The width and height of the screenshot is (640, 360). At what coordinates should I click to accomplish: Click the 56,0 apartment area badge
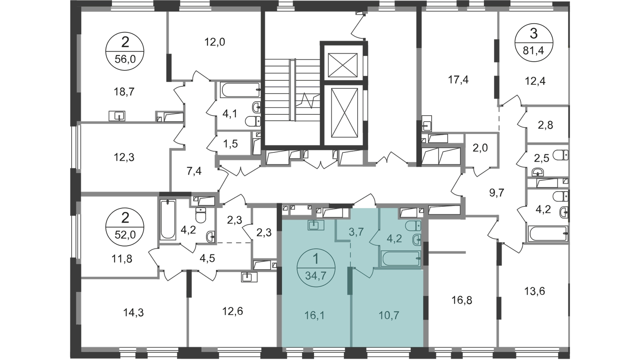coord(125,52)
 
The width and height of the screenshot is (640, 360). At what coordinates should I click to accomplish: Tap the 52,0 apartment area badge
coord(125,227)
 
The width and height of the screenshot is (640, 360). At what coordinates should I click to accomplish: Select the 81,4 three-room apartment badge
coord(534,42)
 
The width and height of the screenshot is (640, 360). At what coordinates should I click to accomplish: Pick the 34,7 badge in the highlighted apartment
coord(316,268)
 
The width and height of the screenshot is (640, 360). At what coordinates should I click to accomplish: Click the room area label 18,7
coord(124,92)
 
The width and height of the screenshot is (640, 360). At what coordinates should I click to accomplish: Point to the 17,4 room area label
coord(458,80)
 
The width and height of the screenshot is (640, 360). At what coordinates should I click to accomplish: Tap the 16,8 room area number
coord(462,300)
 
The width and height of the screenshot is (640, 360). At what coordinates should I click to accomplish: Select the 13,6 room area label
coord(534,291)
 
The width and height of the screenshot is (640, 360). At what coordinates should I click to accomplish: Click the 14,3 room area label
coord(134,312)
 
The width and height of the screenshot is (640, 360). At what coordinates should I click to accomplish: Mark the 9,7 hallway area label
coord(497,193)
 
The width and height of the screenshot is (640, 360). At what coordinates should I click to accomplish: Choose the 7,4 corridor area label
coord(194,172)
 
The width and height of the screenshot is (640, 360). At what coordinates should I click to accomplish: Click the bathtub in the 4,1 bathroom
coord(240,90)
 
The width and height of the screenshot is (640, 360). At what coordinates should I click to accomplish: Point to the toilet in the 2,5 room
coord(560,155)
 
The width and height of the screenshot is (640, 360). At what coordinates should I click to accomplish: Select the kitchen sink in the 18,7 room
coord(117,116)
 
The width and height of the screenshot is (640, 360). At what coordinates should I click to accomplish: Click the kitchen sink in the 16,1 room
coord(316,225)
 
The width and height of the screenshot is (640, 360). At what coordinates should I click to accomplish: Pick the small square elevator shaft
coord(342,65)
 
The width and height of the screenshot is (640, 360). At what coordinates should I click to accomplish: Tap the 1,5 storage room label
coord(230,144)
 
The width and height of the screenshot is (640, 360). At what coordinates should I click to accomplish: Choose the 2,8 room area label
coord(546,125)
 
